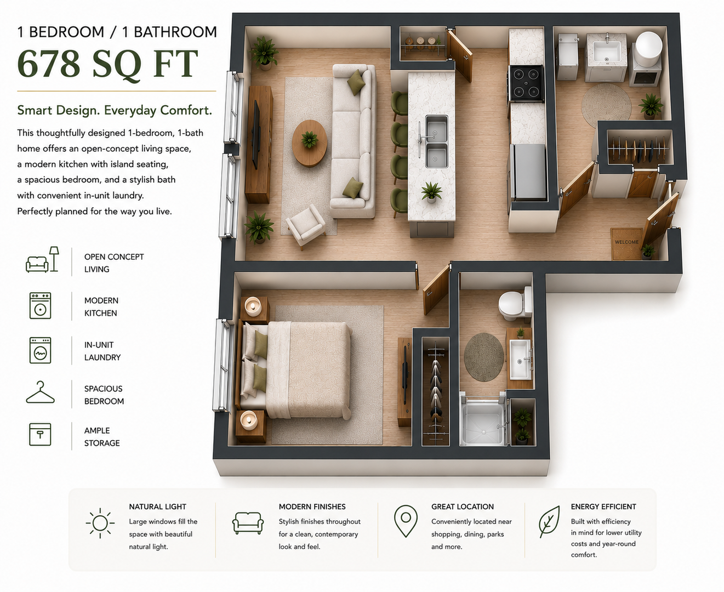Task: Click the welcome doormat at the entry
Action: pyautogui.click(x=626, y=243)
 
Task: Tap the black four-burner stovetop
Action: pyautogui.click(x=526, y=83)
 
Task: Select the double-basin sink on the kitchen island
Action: pyautogui.click(x=436, y=141)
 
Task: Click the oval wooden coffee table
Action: pyautogui.click(x=309, y=143)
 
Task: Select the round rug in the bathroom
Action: pyautogui.click(x=484, y=357)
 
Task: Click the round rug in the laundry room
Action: pyautogui.click(x=606, y=105)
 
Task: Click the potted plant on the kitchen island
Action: pyautogui.click(x=431, y=192)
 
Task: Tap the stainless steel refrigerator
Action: pyautogui.click(x=528, y=172)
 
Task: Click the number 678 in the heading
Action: pyautogui.click(x=49, y=64)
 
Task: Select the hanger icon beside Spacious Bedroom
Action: pyautogui.click(x=40, y=392)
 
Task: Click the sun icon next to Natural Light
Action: pyautogui.click(x=100, y=523)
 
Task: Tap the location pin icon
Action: pyautogui.click(x=406, y=521)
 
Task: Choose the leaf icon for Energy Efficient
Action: pyautogui.click(x=549, y=521)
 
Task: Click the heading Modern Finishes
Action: pyautogui.click(x=312, y=506)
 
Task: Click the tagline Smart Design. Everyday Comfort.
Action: pyautogui.click(x=115, y=110)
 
